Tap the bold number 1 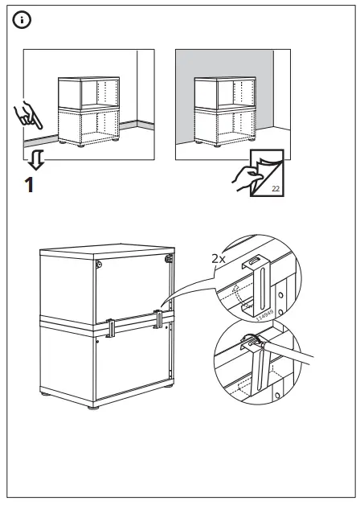pyautogui.click(x=30, y=186)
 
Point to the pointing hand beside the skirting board pyautogui.click(x=29, y=116)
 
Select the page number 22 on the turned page pyautogui.click(x=275, y=187)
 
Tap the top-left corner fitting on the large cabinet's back pyautogui.click(x=99, y=265)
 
